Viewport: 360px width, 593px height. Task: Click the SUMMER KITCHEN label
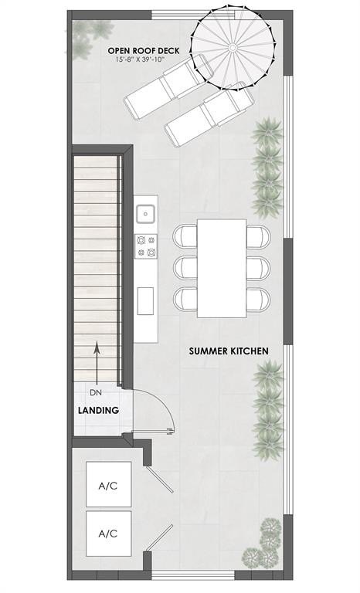tap(229, 351)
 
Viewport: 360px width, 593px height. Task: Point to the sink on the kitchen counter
tap(145, 212)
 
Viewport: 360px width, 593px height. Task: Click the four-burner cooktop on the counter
tap(145, 246)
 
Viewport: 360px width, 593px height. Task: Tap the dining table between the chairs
tap(222, 268)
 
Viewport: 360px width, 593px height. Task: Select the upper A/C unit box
tap(108, 486)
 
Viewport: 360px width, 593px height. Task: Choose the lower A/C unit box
tap(108, 533)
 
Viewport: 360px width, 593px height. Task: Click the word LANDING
tap(98, 410)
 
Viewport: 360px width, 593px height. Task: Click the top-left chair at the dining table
tap(186, 235)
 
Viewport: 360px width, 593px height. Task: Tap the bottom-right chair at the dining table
tap(259, 299)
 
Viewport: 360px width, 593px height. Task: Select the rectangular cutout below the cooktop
tap(145, 300)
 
